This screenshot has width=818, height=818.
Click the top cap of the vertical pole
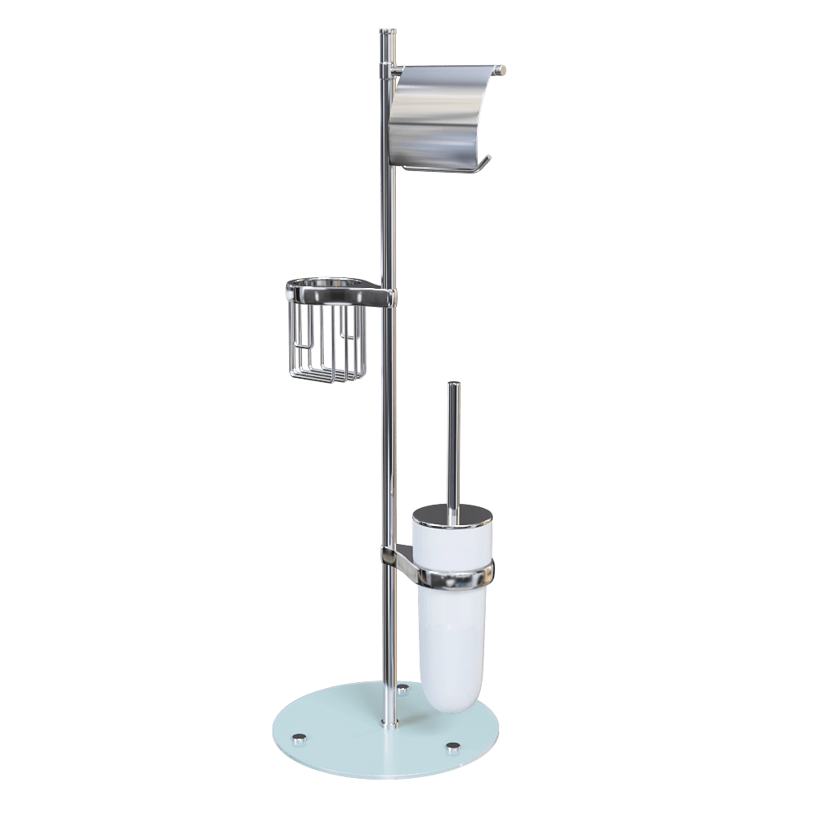coord(389,33)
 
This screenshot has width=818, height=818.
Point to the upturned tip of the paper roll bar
coord(487,160)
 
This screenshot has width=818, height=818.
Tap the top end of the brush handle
coord(452,384)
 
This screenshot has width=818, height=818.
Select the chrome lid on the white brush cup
coord(452,515)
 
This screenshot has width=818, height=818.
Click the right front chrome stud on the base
coord(452,746)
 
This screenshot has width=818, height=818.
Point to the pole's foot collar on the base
coord(391,722)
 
